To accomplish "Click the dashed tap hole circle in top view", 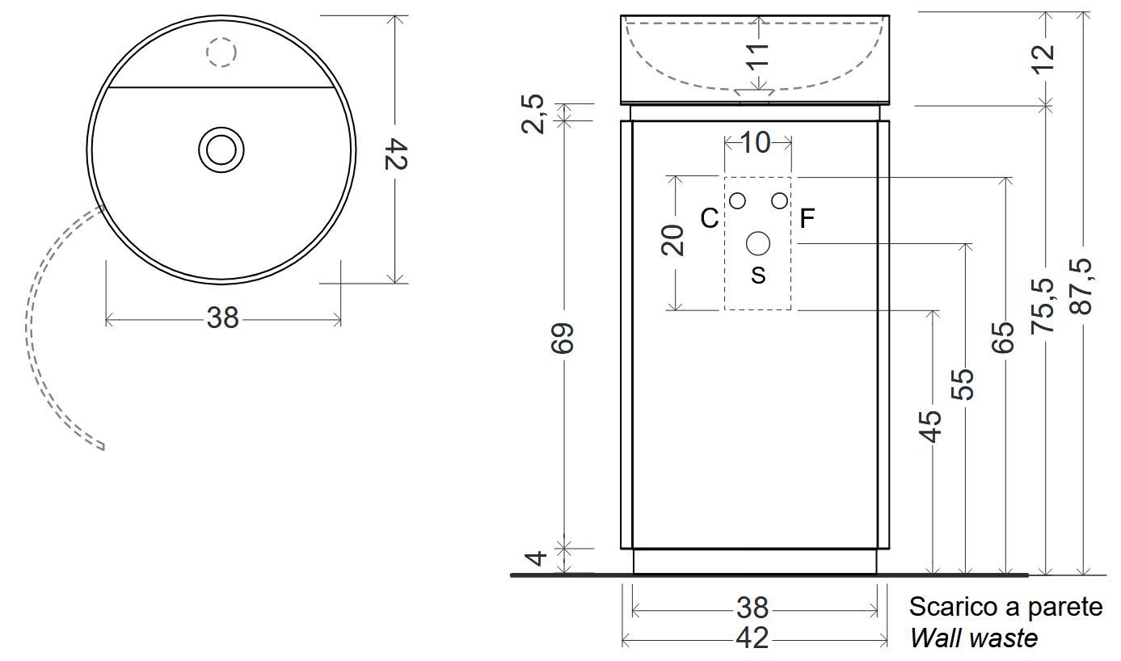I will click(x=221, y=53).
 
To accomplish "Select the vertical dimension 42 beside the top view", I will click(x=395, y=154).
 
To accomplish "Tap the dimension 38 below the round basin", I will click(x=223, y=318).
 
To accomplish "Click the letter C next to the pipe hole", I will click(x=709, y=218).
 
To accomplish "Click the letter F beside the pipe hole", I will click(x=807, y=218).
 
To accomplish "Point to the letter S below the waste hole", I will click(x=758, y=276).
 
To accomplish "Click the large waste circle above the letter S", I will click(x=758, y=242).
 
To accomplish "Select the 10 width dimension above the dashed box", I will click(x=756, y=143).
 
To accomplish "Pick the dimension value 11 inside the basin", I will click(x=757, y=57).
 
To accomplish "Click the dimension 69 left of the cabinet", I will click(x=564, y=338).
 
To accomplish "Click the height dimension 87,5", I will click(x=1082, y=287).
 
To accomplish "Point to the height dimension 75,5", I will click(x=1045, y=305).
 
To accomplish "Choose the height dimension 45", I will click(x=931, y=425).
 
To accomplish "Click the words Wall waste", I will click(x=973, y=638).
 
